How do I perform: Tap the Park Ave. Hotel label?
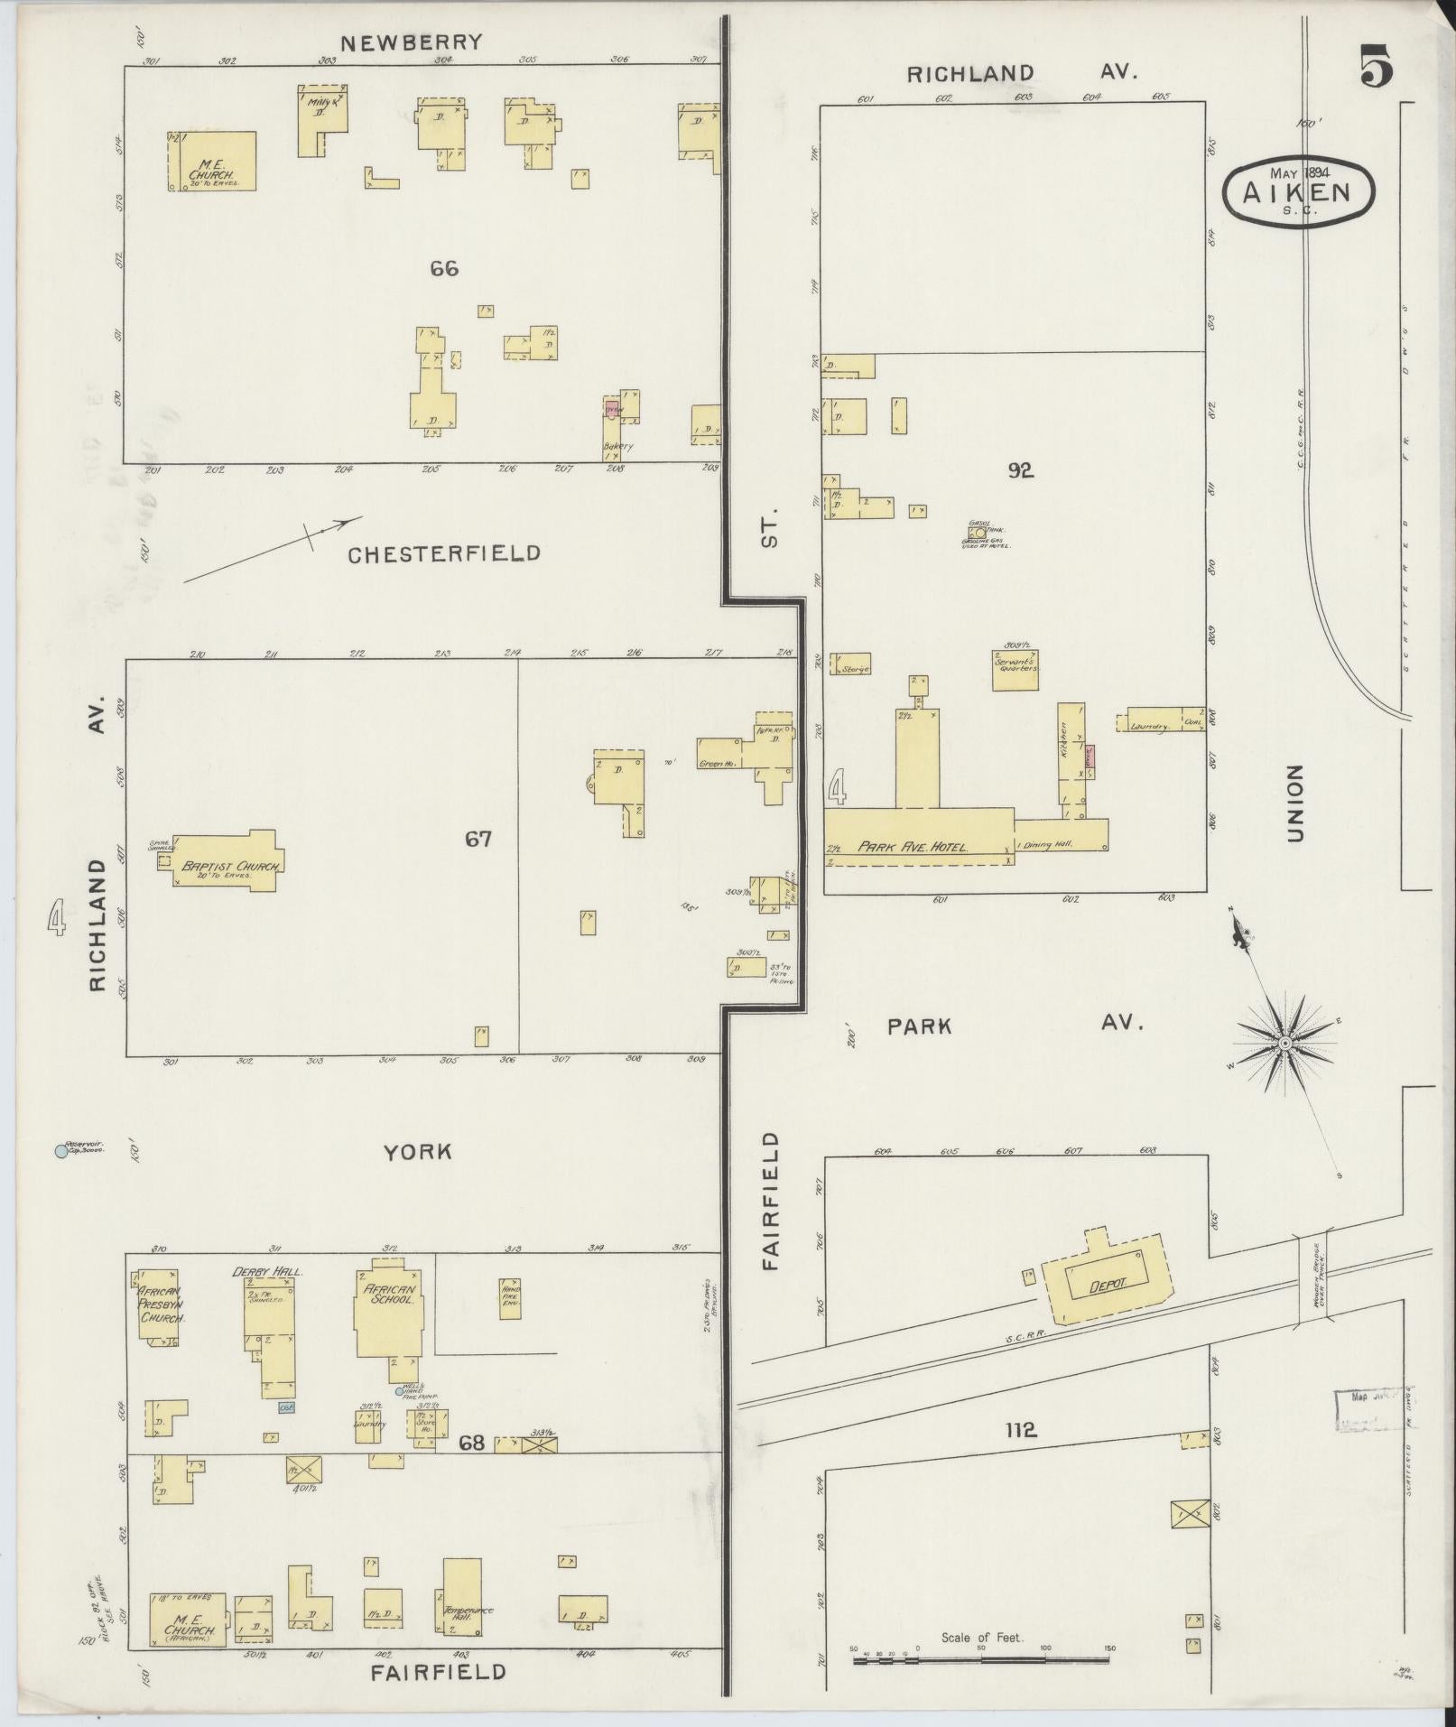[x=913, y=847]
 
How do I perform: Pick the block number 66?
[x=444, y=268]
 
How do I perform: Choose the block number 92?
[x=1021, y=469]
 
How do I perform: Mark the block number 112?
[x=1020, y=1429]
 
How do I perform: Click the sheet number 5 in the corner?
[x=1376, y=68]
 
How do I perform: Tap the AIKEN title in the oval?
[x=1299, y=191]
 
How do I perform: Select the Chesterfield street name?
[x=444, y=553]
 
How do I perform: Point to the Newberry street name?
[x=412, y=42]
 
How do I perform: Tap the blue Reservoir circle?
[x=61, y=1151]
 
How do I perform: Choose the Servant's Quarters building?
[x=1015, y=669]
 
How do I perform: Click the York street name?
[x=416, y=1152]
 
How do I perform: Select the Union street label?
[x=1296, y=803]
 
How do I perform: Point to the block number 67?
[x=478, y=839]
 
